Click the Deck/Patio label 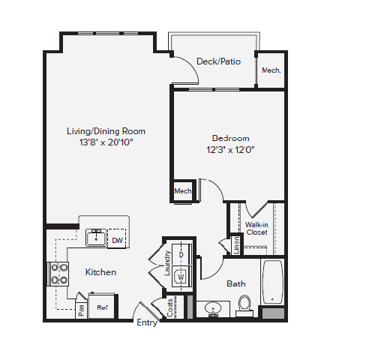pyautogui.click(x=218, y=61)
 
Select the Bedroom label pyautogui.click(x=230, y=138)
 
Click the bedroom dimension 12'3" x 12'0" pyautogui.click(x=230, y=148)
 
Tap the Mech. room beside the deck pyautogui.click(x=271, y=71)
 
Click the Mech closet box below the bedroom pyautogui.click(x=183, y=191)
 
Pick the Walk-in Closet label pyautogui.click(x=256, y=228)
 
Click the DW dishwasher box pyautogui.click(x=117, y=241)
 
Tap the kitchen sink pyautogui.click(x=95, y=238)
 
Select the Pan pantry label pyautogui.click(x=81, y=308)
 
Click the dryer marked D pyautogui.click(x=181, y=255)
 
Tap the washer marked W pyautogui.click(x=181, y=277)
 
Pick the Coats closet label pyautogui.click(x=170, y=307)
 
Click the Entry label pyautogui.click(x=146, y=322)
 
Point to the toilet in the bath pyautogui.click(x=244, y=303)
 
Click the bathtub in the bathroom pyautogui.click(x=272, y=283)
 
